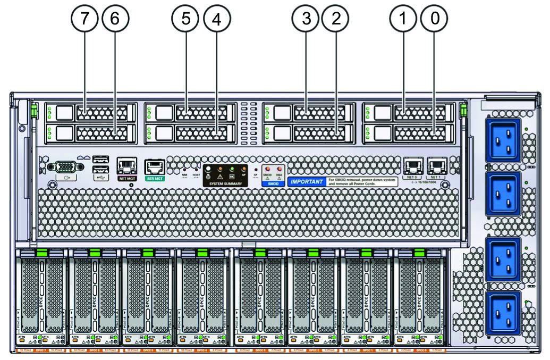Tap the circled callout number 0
click(434, 19)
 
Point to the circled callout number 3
click(306, 19)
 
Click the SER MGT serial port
click(155, 166)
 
